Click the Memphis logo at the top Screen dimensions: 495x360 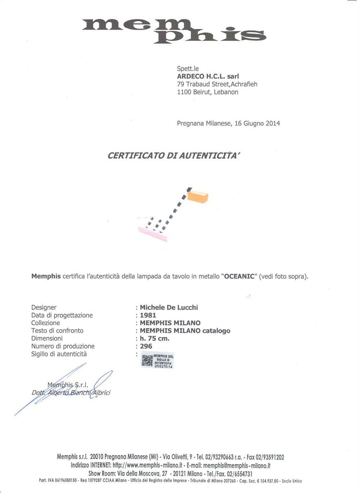(174, 31)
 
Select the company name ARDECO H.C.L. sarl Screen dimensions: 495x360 (208, 76)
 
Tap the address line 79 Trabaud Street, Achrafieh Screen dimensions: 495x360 (217, 84)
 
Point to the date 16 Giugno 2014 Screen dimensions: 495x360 (257, 123)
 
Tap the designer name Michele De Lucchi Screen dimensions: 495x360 (169, 307)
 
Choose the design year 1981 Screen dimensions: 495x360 (148, 315)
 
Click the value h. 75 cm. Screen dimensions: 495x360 (154, 338)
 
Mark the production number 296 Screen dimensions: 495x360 (146, 346)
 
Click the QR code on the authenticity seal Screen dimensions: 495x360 (147, 361)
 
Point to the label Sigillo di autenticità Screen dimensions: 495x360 (59, 354)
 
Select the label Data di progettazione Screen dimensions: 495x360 (62, 315)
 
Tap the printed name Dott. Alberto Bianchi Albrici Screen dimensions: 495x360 (71, 393)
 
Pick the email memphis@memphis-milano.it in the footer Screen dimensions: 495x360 (237, 465)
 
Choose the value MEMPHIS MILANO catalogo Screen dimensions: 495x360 (185, 331)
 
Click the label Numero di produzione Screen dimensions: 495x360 (63, 346)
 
